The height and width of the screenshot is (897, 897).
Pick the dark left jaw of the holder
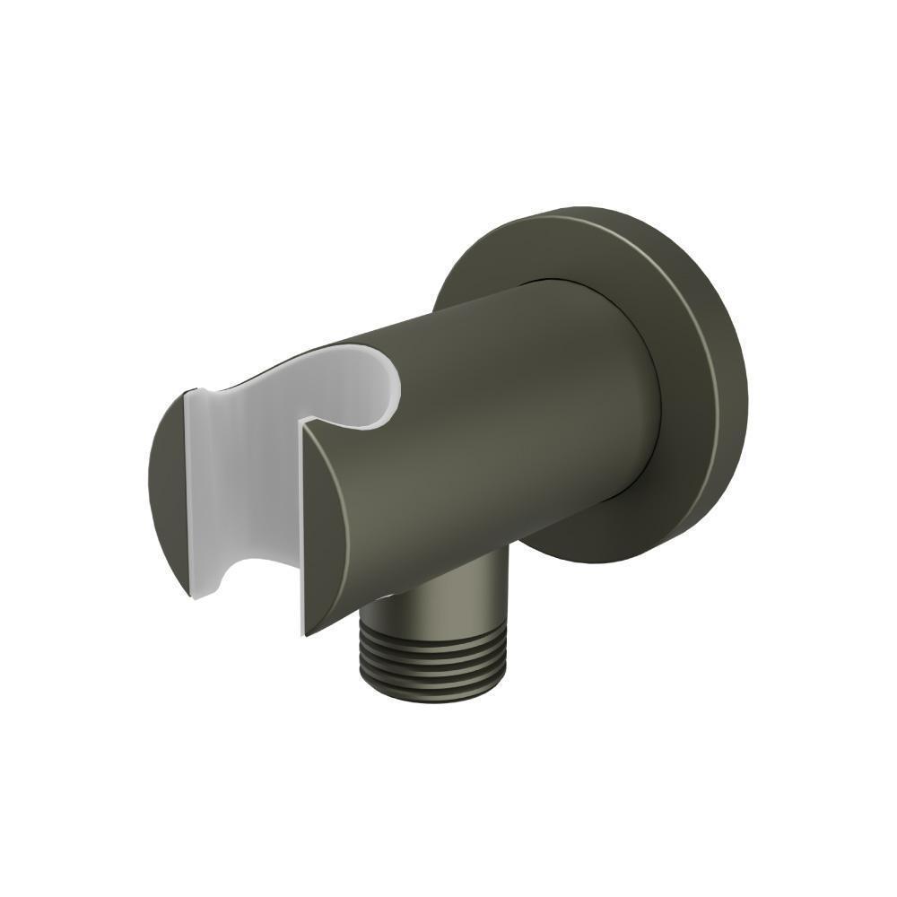pyautogui.click(x=166, y=484)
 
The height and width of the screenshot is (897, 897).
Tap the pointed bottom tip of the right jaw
pyautogui.click(x=304, y=633)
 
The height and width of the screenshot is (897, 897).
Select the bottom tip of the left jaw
pyautogui.click(x=191, y=594)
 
